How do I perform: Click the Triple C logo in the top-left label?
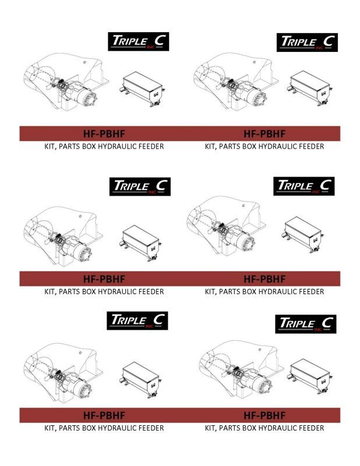pos(138,41)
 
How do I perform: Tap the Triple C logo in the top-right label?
pos(307,42)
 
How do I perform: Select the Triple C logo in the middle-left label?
pos(140,186)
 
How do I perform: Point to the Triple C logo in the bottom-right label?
pos(306,324)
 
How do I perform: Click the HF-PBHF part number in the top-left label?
pos(104,134)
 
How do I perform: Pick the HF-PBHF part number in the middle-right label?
pos(264,279)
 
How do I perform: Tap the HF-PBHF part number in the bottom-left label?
pos(104,415)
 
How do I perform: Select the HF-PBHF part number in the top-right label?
pos(264,134)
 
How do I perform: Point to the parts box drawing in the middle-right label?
pos(302,235)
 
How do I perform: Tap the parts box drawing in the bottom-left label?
pos(141,380)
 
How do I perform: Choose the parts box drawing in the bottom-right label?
pos(309,376)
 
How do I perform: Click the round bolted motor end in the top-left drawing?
pos(89,98)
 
